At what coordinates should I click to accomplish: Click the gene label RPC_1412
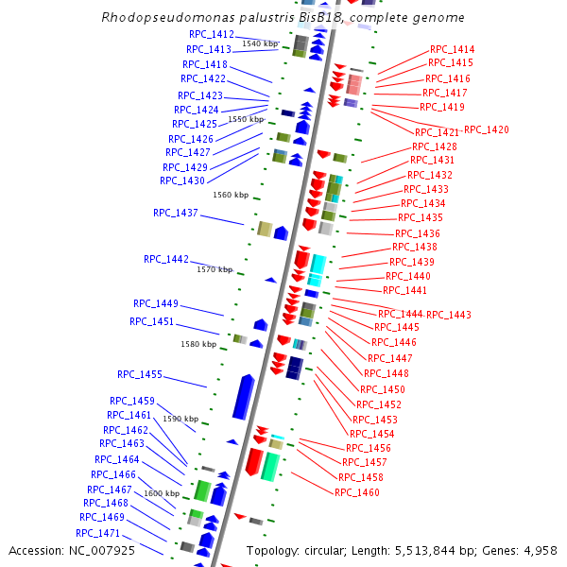pos(210,35)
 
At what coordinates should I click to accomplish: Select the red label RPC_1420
pos(486,129)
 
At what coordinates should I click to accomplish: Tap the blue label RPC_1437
pos(176,213)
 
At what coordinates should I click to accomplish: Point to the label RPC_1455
pos(140,374)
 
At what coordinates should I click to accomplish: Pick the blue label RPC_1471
pos(98,533)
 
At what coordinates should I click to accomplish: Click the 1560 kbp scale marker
pos(231,196)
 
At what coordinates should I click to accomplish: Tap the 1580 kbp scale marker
pos(198,345)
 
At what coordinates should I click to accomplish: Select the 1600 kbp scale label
pos(162,493)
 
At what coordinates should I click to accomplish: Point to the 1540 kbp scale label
pos(260,43)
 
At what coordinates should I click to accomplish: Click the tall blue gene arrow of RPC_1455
pos(243,397)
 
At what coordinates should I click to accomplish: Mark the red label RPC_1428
pos(435,146)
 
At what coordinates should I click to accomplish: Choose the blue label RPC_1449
pos(155,303)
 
